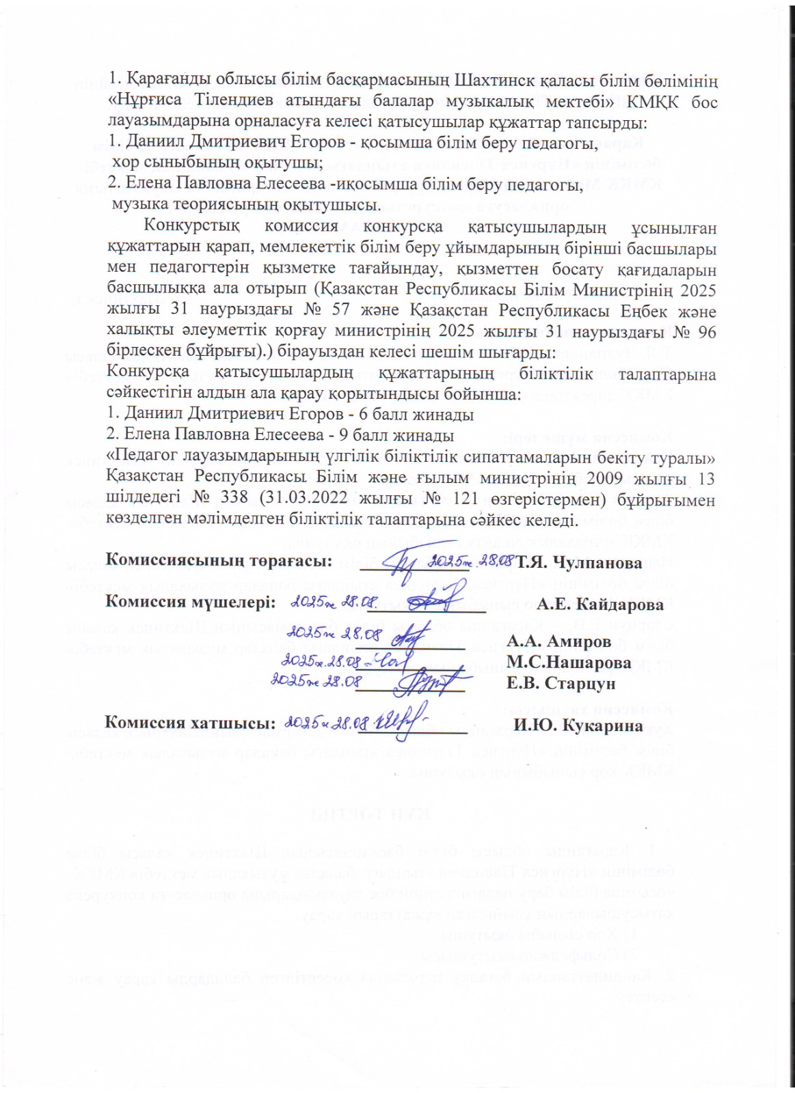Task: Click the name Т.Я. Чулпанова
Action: click(579, 563)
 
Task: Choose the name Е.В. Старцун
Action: click(561, 683)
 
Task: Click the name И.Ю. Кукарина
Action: click(578, 725)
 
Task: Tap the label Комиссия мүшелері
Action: click(191, 603)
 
